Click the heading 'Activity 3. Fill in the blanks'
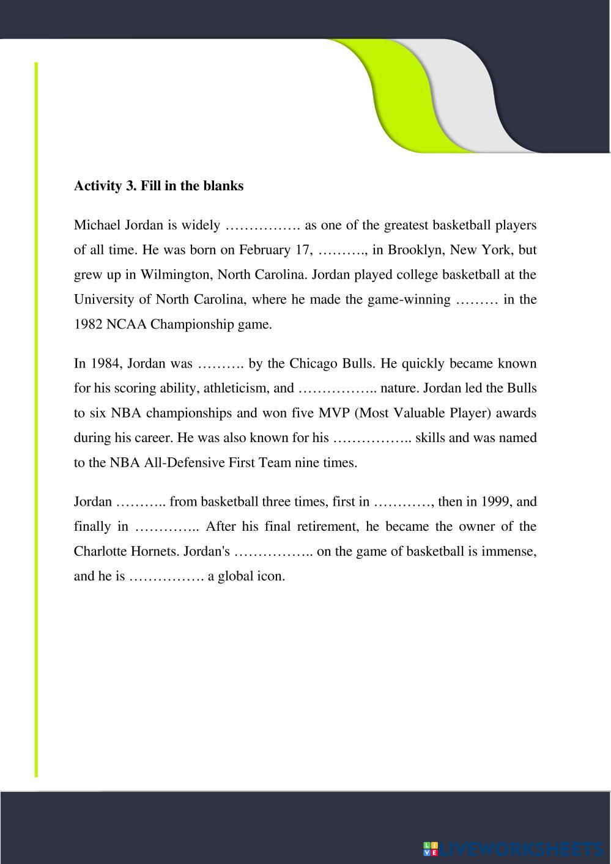click(x=158, y=186)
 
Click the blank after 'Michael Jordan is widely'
click(x=262, y=226)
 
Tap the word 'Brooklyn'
click(x=412, y=250)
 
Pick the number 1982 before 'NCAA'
click(x=88, y=325)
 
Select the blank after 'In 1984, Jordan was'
click(x=220, y=364)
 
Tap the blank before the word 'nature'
click(x=337, y=388)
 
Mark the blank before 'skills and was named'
click(x=372, y=438)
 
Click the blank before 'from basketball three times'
click(x=140, y=502)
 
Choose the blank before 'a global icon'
click(x=166, y=577)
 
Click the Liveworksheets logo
click(x=513, y=849)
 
